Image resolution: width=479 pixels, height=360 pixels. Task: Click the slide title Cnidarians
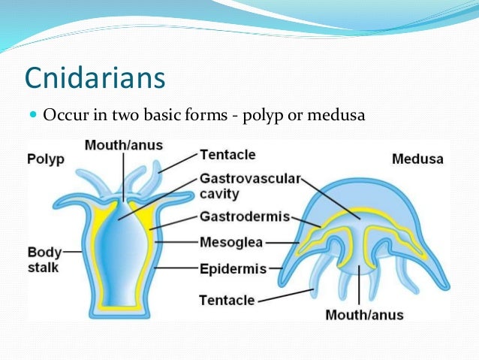(x=95, y=77)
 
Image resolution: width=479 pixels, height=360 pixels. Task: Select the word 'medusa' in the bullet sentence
(x=339, y=116)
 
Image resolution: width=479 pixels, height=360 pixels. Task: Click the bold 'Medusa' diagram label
(x=417, y=159)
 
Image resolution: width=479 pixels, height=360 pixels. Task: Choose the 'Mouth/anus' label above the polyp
(x=124, y=144)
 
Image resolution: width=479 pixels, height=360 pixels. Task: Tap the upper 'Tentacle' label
(x=227, y=154)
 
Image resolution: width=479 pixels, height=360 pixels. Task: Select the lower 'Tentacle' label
(x=227, y=300)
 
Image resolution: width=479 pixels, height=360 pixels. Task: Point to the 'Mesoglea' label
(x=231, y=242)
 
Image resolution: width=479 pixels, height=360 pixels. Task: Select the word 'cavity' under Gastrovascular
(x=219, y=194)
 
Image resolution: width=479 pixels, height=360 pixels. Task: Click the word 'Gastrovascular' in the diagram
(x=250, y=179)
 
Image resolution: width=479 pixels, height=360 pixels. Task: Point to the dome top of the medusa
(x=359, y=188)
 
